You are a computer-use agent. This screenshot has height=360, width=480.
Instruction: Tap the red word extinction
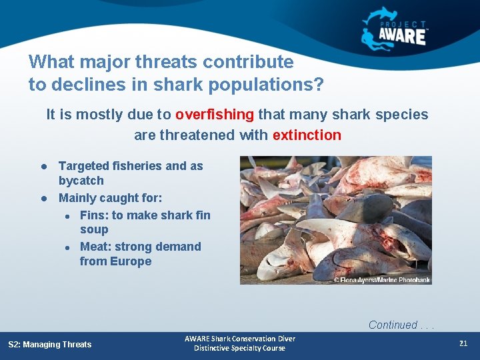[307, 135]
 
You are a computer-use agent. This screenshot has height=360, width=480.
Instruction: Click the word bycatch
[81, 181]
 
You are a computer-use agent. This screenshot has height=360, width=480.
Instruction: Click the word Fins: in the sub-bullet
[94, 215]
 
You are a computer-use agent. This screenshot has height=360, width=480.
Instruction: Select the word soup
[94, 229]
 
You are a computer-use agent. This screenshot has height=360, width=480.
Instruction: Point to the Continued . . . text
[400, 325]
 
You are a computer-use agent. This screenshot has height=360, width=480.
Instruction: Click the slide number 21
[463, 343]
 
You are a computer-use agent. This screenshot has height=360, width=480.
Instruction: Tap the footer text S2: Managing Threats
[50, 344]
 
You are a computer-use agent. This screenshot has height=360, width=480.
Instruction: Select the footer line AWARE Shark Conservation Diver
[239, 339]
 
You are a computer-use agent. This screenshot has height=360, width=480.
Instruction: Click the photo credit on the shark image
[381, 279]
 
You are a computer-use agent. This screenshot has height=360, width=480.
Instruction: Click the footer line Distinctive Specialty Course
[239, 349]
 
